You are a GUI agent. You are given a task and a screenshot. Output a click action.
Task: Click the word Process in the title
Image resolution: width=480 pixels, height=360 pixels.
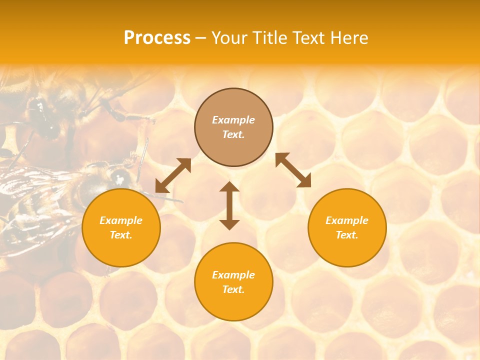tap(157, 38)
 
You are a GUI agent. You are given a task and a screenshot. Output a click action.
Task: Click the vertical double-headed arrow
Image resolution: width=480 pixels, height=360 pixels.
tap(229, 206)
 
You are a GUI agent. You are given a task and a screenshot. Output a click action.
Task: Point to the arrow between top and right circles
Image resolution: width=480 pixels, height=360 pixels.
tap(293, 170)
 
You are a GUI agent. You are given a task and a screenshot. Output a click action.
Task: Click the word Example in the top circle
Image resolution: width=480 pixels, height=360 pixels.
tap(233, 120)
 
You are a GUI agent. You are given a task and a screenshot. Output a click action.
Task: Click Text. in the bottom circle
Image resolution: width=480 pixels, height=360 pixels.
tap(233, 289)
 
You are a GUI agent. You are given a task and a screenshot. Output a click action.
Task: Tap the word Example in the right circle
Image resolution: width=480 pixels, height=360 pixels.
tap(347, 220)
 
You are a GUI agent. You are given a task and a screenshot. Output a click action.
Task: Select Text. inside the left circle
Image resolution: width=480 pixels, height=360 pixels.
tap(121, 235)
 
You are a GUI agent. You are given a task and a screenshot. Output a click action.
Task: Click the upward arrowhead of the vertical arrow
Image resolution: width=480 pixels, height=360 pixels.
tap(229, 187)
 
